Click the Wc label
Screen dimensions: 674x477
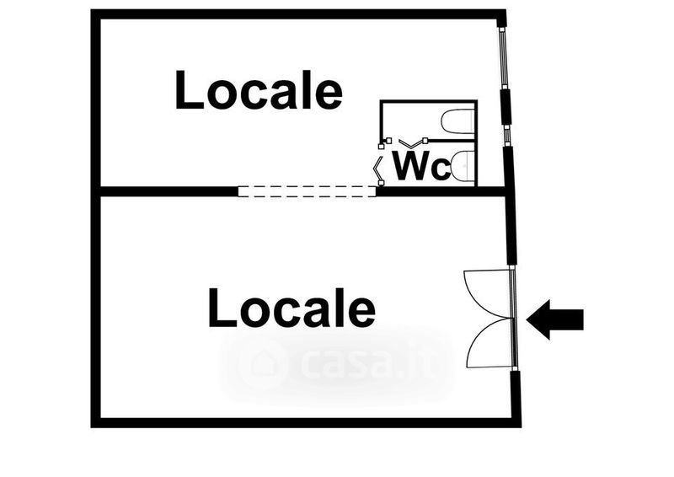click(422, 165)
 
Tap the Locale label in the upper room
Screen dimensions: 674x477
click(259, 89)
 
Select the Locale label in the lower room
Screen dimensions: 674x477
click(292, 308)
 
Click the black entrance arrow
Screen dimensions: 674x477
click(555, 319)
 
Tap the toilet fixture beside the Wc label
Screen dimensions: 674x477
click(463, 164)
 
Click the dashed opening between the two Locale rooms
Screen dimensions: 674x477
click(307, 191)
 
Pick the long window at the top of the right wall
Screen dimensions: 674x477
click(503, 58)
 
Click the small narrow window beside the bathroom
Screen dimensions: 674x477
click(507, 136)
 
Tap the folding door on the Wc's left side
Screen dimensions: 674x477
click(377, 168)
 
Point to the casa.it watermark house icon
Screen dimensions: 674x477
click(261, 364)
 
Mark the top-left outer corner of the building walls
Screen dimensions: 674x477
click(91, 10)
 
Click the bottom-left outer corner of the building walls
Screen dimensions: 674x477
click(91, 427)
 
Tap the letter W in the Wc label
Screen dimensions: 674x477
click(411, 165)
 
